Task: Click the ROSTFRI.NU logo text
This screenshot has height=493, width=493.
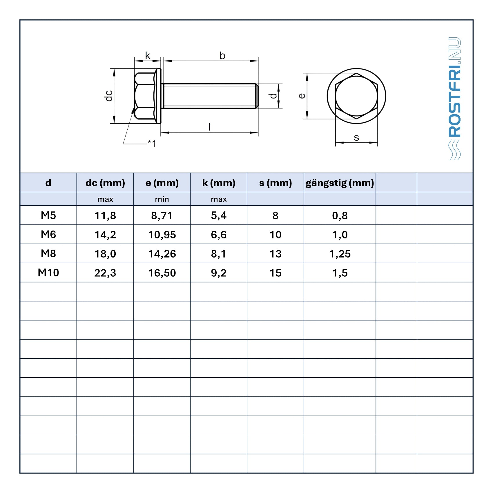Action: [x=454, y=87]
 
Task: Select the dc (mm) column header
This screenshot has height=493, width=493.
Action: [x=105, y=183]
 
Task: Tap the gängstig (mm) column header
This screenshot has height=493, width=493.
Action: [x=340, y=183]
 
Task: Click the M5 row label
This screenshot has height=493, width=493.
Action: [x=48, y=215]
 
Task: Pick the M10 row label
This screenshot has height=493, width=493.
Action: [x=48, y=273]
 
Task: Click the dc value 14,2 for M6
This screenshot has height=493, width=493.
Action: [x=105, y=235]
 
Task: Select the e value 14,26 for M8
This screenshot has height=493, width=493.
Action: [x=162, y=254]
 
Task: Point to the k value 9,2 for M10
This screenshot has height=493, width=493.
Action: [x=219, y=273]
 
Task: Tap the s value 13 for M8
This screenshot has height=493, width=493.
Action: [x=275, y=254]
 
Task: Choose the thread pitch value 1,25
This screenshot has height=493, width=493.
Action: [x=340, y=254]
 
